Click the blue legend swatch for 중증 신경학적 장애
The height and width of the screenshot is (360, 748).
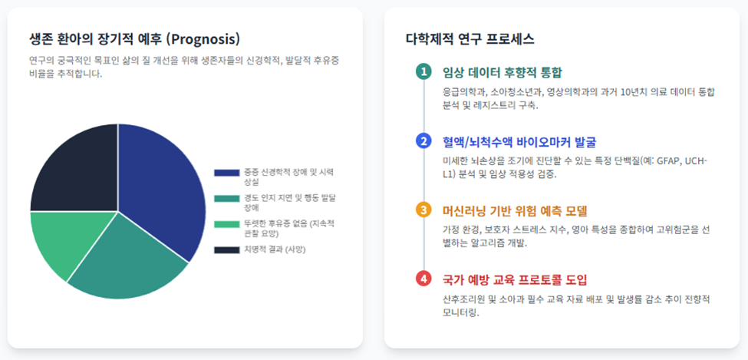[x=226, y=173]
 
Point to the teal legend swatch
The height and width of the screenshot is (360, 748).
[x=226, y=198]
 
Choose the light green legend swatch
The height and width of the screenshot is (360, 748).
[x=226, y=224]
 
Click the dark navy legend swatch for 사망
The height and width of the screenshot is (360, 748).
[x=226, y=249]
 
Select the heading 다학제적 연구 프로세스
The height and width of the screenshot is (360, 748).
[x=470, y=39]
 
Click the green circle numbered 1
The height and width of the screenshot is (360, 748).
[x=423, y=72]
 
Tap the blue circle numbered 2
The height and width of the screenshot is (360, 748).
[x=423, y=141]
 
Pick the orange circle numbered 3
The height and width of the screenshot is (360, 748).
[x=423, y=210]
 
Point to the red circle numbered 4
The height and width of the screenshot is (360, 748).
[x=423, y=279]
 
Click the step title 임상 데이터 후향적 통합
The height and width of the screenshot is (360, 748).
[x=503, y=73]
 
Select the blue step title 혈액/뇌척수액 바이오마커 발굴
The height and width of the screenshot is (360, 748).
[x=519, y=142]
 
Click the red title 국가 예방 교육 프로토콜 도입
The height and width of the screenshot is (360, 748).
[x=516, y=279]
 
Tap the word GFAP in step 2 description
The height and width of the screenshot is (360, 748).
[x=669, y=161]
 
